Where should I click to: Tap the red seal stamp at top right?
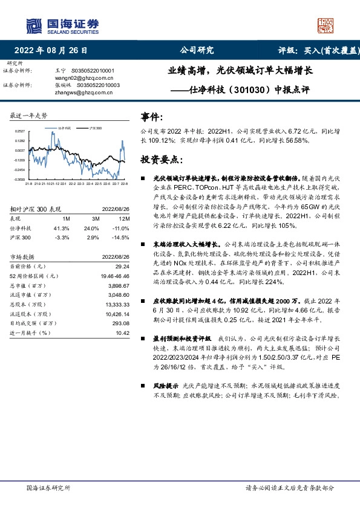point(327,25)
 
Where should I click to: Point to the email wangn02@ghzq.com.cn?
point(75,78)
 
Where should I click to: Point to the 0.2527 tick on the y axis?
point(20,131)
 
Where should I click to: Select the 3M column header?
point(96,218)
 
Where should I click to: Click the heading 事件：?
point(152,115)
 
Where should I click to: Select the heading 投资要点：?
point(160,160)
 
